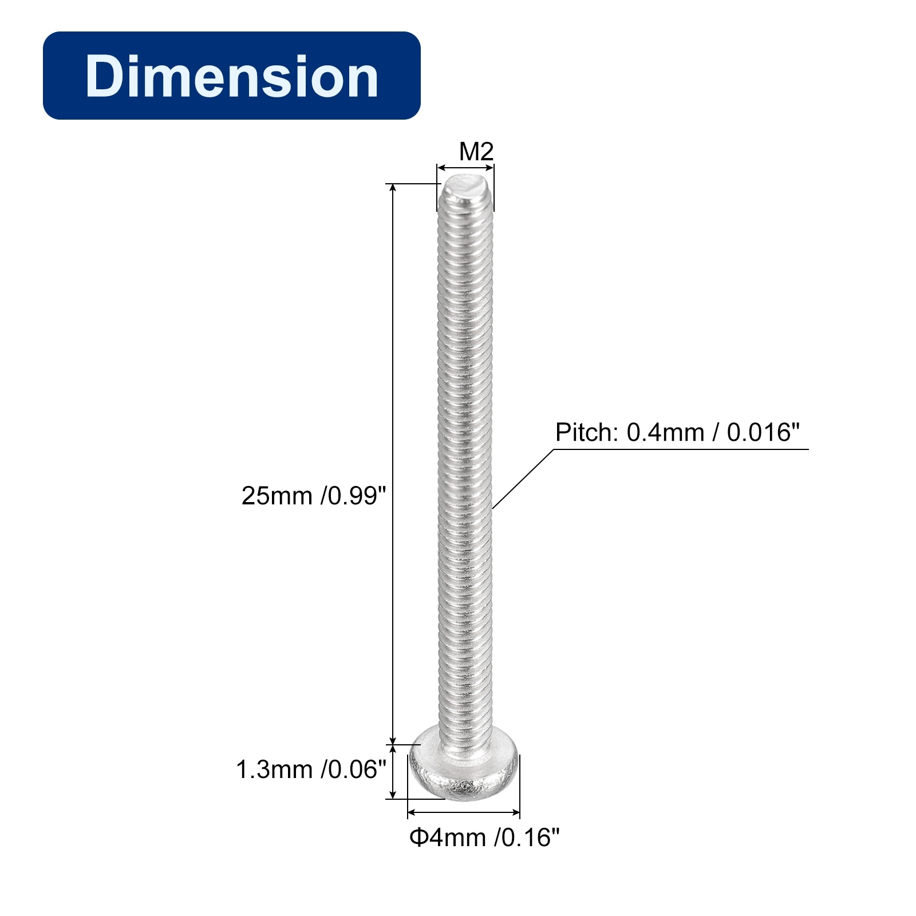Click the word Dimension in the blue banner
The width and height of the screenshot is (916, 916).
click(x=232, y=76)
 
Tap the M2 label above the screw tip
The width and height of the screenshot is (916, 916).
click(x=476, y=152)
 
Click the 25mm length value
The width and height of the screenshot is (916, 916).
click(x=277, y=496)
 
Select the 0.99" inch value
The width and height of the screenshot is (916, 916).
click(x=354, y=496)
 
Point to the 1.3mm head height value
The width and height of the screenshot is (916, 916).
click(x=274, y=770)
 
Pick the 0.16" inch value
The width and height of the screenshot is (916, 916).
click(x=527, y=838)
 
